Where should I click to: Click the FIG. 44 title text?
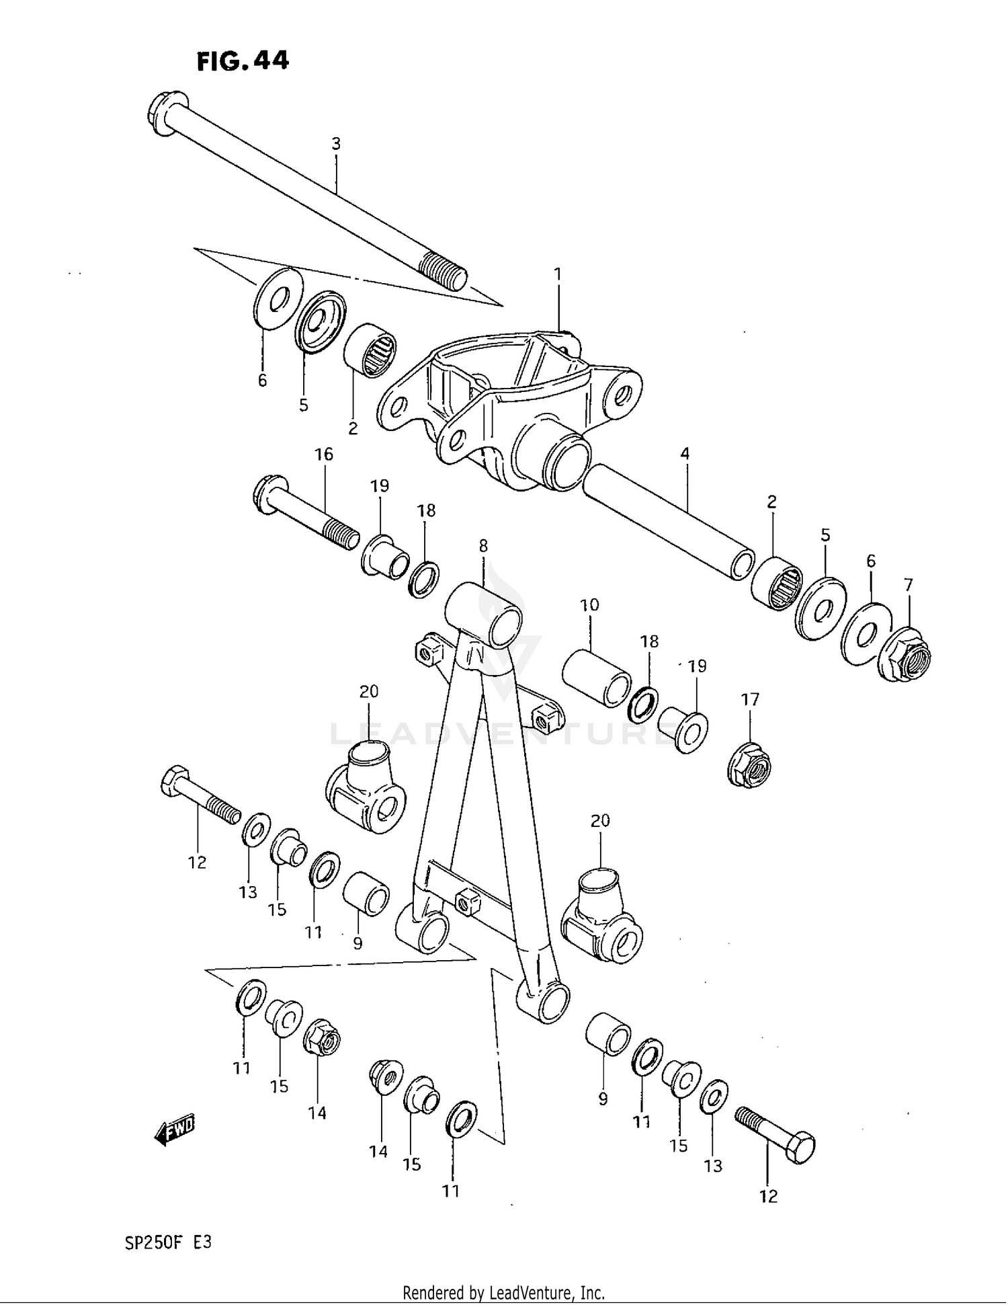(243, 61)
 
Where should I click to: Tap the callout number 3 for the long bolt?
(336, 144)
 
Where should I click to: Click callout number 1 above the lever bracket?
(558, 274)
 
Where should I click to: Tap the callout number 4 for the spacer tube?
(685, 454)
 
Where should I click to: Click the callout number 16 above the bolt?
(324, 454)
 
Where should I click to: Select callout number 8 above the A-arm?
(483, 546)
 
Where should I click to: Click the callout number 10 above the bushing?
(589, 605)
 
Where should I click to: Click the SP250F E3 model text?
(168, 1243)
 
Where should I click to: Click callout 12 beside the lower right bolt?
(768, 1197)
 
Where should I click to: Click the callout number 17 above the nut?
(750, 700)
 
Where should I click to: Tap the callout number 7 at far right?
(909, 585)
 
